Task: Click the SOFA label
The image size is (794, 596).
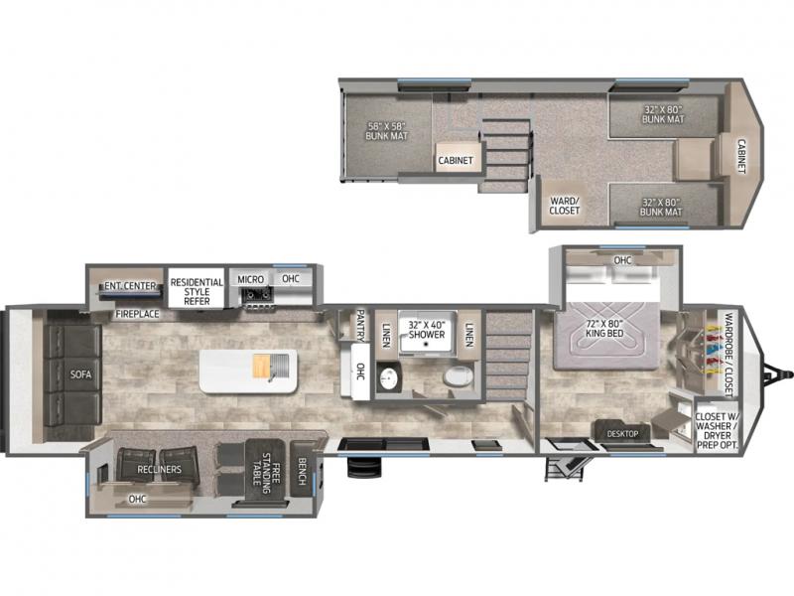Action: (x=81, y=374)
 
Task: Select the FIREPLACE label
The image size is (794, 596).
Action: (x=137, y=314)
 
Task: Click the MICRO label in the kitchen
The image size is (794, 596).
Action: (x=251, y=279)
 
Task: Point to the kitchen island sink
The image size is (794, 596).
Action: (x=278, y=365)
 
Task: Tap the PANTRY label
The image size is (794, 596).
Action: (x=360, y=326)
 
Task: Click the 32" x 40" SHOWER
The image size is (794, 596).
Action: (x=427, y=332)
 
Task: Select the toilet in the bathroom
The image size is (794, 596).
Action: (x=458, y=376)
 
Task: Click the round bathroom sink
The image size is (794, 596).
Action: (x=388, y=378)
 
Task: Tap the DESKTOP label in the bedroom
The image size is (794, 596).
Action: (x=623, y=434)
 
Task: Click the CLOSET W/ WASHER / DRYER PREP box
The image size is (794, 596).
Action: (x=716, y=430)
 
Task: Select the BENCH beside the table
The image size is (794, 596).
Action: (x=302, y=470)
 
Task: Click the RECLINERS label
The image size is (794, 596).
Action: (x=159, y=469)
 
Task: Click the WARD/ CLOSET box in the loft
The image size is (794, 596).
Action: (x=564, y=205)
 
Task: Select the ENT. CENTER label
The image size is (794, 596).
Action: (x=130, y=286)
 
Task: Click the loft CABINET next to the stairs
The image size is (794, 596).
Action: (x=456, y=158)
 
